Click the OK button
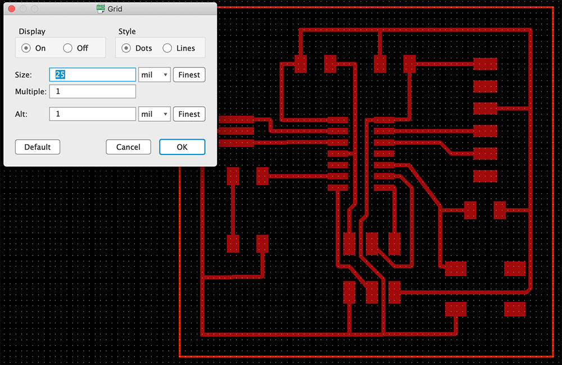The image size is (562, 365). tap(182, 147)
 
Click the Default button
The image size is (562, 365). tap(38, 147)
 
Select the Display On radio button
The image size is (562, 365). tap(26, 48)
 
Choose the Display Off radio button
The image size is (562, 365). tap(68, 48)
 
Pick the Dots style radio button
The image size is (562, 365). tap(126, 48)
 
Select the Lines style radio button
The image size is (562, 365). tap(167, 48)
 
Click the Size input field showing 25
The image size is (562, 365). tap(93, 75)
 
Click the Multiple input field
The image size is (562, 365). tap(93, 92)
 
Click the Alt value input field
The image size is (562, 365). tap(93, 114)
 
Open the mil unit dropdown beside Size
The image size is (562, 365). tap(154, 75)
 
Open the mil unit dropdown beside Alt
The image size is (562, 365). tap(154, 114)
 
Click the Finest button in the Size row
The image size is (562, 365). tap(189, 75)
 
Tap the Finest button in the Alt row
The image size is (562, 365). tap(189, 114)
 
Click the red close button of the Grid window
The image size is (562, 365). tap(11, 9)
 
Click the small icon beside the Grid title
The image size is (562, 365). tap(101, 9)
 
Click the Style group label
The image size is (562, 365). tap(127, 31)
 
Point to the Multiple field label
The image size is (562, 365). tap(31, 92)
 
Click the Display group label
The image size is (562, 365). tap(32, 31)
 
